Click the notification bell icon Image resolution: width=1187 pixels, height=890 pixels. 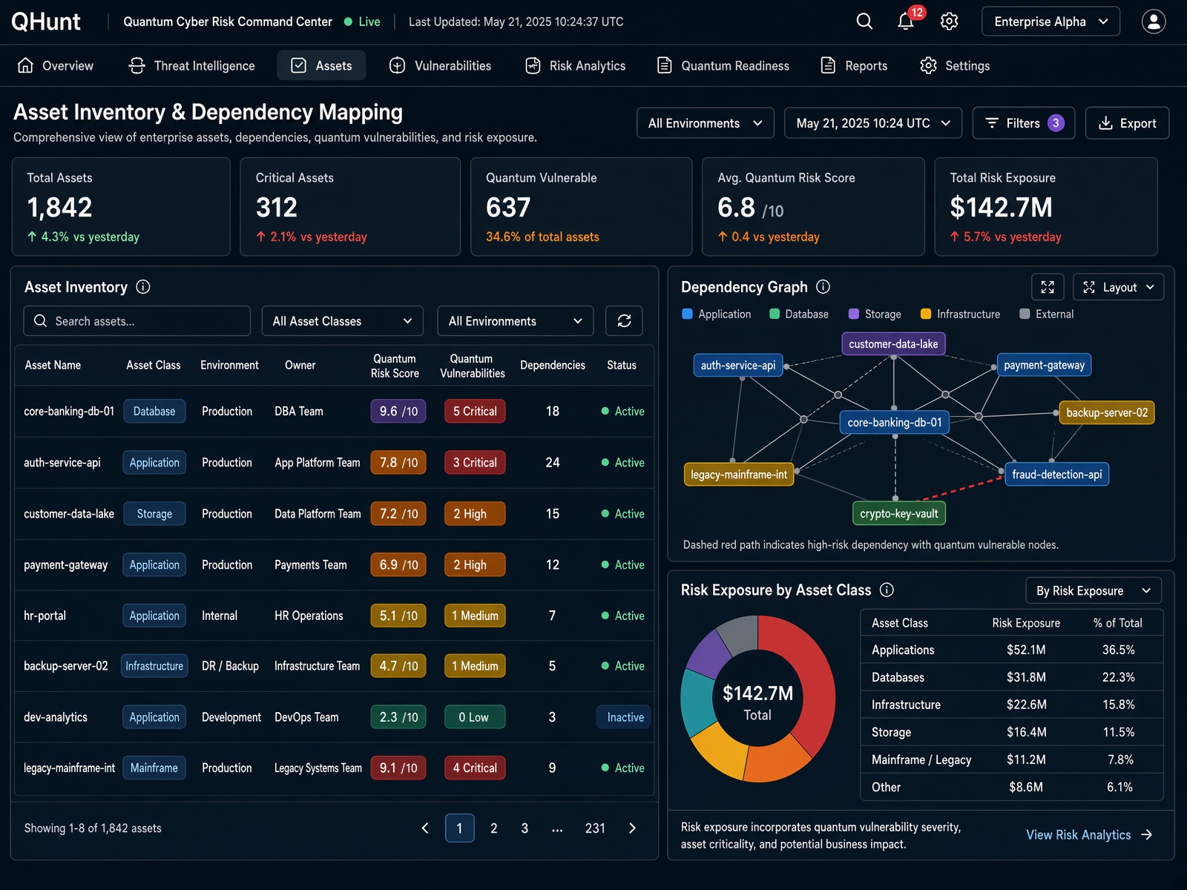905,22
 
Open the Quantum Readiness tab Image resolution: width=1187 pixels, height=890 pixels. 723,65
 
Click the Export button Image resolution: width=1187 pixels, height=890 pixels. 1127,123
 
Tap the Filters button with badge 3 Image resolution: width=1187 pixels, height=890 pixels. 1024,123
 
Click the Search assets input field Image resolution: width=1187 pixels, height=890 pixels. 137,321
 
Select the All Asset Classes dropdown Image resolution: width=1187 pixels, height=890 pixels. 342,321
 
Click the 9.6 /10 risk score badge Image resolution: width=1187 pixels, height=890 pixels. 398,411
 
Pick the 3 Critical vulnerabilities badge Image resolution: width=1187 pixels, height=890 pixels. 475,463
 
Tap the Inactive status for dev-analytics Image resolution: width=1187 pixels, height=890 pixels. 625,717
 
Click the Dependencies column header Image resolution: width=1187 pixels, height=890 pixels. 552,366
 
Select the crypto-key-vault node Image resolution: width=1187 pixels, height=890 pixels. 898,513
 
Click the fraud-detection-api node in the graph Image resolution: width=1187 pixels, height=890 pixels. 1056,475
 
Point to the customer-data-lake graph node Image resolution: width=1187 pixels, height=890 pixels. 893,343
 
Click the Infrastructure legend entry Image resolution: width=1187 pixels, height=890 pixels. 961,314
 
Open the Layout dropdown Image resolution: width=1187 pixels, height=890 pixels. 1118,287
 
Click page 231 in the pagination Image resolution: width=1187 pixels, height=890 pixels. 595,828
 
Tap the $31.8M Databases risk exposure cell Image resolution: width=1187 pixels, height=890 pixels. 1026,677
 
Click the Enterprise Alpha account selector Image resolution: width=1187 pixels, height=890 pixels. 1050,22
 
